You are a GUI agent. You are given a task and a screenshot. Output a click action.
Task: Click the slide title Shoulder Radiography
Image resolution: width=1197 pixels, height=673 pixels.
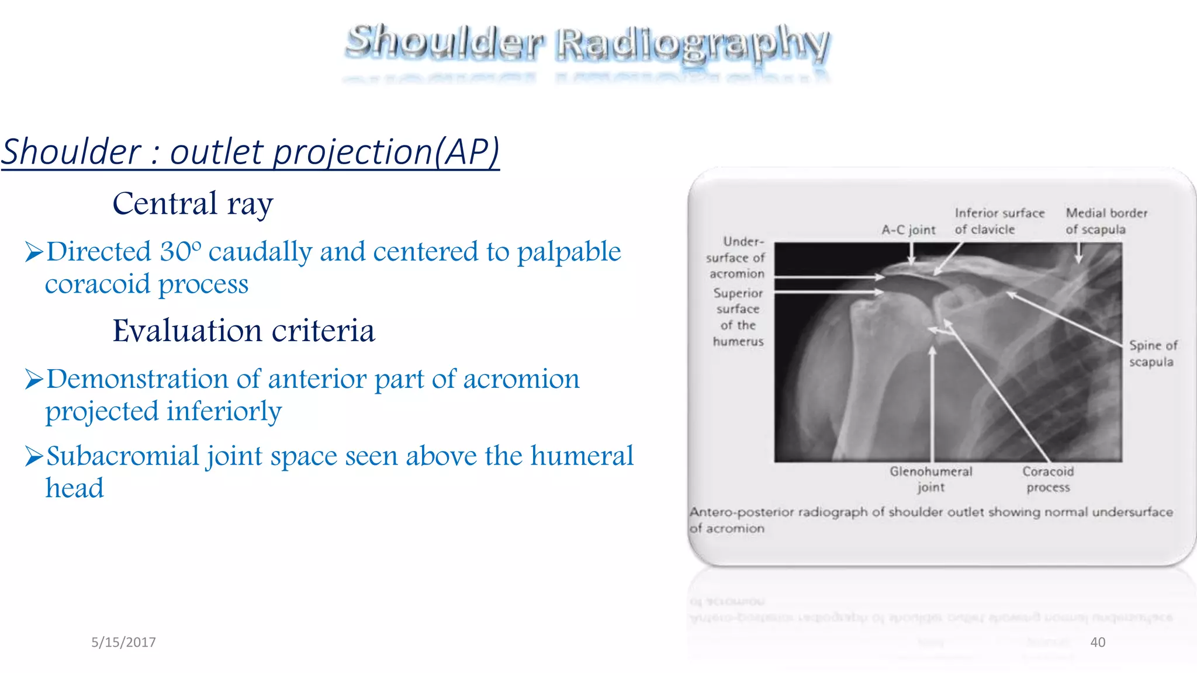(x=587, y=43)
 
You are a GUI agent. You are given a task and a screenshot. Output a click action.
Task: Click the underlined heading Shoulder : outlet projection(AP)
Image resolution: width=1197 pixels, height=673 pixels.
(x=250, y=152)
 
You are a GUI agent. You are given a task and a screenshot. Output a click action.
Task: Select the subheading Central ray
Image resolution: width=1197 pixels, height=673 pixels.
(x=193, y=204)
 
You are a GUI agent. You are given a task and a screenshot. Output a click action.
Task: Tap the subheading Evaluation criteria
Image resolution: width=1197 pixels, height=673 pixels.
(x=243, y=331)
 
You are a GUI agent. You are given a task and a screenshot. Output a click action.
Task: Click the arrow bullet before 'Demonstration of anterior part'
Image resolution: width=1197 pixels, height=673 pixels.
(x=34, y=380)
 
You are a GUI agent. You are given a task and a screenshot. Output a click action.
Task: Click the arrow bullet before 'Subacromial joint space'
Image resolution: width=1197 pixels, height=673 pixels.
(x=34, y=457)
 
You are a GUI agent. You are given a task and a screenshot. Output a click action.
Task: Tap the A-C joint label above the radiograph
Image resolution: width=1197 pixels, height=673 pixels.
(x=908, y=230)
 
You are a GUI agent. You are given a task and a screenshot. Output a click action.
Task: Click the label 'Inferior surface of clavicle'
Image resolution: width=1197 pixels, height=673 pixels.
(x=999, y=221)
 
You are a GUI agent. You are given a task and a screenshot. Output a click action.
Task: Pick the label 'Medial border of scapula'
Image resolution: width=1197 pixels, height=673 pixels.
(x=1106, y=221)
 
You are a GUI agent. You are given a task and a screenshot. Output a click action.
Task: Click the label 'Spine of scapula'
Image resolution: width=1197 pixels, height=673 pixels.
(x=1153, y=353)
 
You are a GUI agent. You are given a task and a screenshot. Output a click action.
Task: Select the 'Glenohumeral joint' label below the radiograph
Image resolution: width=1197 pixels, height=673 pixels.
(x=930, y=479)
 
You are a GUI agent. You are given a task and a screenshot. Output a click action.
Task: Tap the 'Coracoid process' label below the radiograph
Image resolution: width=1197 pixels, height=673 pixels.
(x=1048, y=479)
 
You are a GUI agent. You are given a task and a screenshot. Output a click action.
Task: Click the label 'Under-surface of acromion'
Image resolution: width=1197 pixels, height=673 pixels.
(x=736, y=258)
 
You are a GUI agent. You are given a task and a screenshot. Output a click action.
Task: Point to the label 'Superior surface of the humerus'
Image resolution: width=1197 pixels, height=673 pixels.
(x=738, y=317)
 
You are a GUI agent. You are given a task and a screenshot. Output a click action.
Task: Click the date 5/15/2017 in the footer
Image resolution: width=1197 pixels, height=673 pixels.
(x=123, y=643)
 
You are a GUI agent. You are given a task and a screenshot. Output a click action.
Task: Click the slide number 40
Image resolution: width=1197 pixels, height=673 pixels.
(x=1098, y=643)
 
